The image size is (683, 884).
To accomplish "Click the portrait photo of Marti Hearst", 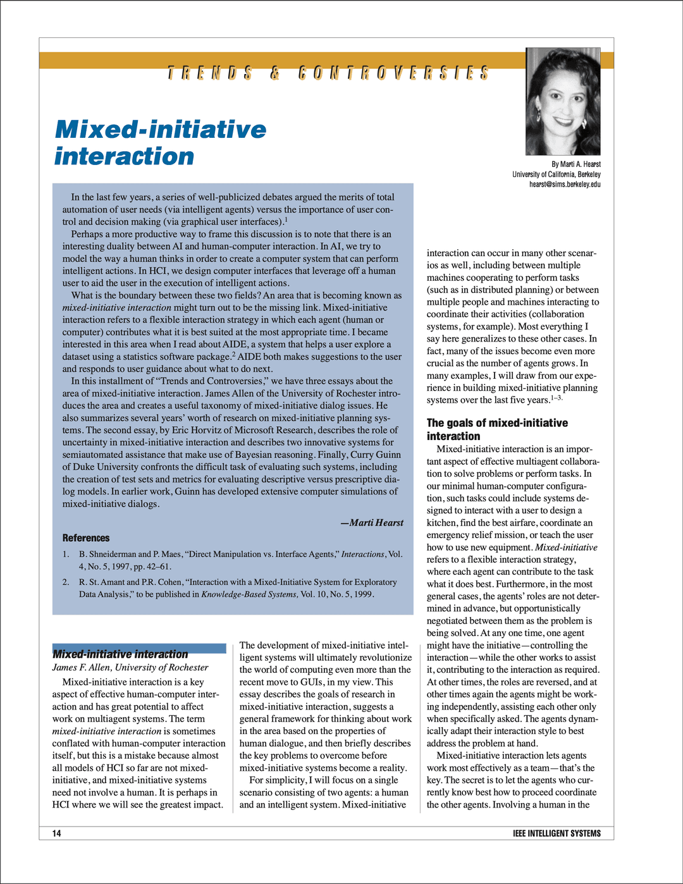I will pos(563,101).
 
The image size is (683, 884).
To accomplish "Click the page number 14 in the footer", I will pos(57,833).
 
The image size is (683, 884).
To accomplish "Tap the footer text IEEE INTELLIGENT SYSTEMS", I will pos(557,833).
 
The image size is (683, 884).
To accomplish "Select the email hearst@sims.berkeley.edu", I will pos(565,185).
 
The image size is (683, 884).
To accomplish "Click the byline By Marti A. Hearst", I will pos(576,164).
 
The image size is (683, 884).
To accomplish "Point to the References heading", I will pos(86,538).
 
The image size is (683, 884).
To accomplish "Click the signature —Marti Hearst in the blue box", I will pos(372,522).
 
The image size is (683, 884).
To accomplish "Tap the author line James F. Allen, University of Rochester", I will pos(130,667).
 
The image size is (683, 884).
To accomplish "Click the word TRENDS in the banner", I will pos(210,73).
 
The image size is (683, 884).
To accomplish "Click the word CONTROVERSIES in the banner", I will pos(393,73).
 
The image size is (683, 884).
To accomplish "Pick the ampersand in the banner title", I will pos(275,73).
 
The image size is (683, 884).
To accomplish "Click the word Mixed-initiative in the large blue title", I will pos(161,130).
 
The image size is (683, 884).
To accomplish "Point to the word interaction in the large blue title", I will pos(124,156).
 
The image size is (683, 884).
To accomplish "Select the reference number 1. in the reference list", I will pos(66,554).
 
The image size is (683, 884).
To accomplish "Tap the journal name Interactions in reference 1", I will pos(362,554).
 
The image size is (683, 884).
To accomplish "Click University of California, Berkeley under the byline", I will pos(557,175).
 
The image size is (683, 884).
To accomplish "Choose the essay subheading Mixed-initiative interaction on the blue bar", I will pos(120,654).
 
